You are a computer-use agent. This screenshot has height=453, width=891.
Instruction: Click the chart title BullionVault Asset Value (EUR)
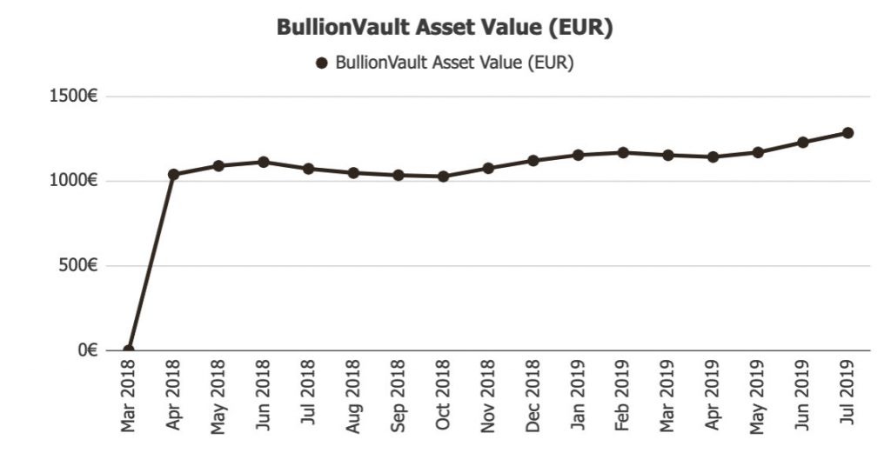[445, 27]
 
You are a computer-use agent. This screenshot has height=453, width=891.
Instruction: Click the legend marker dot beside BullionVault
[321, 63]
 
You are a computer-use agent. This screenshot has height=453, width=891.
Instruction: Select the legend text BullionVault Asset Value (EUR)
[453, 63]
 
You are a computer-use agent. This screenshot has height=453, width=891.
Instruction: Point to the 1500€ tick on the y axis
[73, 97]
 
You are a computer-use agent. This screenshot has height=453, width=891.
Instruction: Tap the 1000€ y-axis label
[73, 181]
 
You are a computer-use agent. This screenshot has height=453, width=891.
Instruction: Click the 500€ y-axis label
[78, 266]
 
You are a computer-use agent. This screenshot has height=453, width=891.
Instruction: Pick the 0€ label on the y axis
[85, 350]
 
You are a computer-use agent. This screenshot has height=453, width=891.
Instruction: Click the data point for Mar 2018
[129, 350]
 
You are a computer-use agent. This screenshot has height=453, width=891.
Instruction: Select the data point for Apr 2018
[173, 174]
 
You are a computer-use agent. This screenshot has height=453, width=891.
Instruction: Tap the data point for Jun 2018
[263, 162]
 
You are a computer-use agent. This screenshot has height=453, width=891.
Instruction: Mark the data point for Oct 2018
[443, 177]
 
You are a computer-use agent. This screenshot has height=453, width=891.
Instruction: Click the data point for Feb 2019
[623, 152]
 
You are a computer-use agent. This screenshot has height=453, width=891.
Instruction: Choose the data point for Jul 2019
[847, 133]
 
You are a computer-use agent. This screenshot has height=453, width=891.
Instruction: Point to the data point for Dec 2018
[533, 160]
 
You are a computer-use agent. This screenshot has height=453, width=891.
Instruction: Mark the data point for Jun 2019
[803, 142]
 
